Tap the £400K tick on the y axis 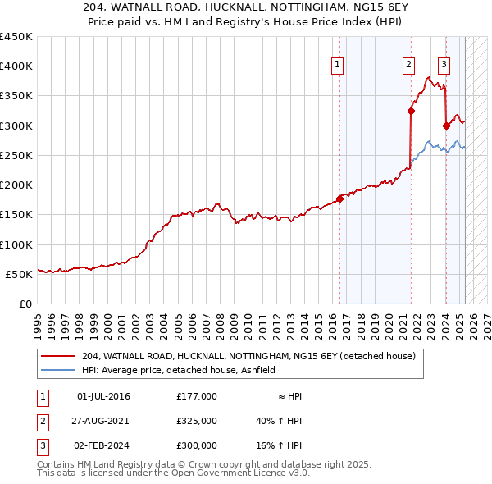pos(16,66)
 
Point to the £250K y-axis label pos(16,155)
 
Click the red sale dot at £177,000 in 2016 pos(340,199)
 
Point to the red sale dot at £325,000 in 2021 pos(412,112)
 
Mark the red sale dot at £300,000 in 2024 pos(446,126)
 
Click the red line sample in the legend pos(57,357)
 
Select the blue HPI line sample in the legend pos(57,371)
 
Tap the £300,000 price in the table pos(197,445)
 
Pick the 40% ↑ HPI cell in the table pos(279,421)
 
